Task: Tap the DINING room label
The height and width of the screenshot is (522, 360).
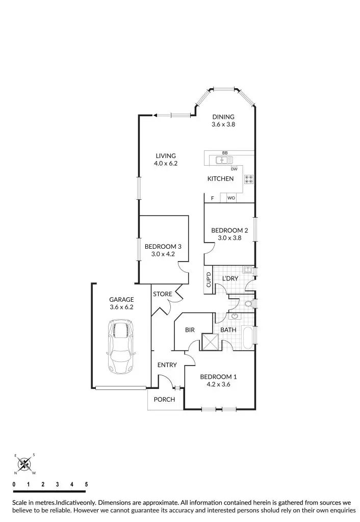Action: (x=223, y=117)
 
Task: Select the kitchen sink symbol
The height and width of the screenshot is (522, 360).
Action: (x=223, y=160)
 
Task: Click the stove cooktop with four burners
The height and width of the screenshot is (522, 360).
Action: (x=249, y=179)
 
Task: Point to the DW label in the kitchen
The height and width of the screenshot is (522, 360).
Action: (x=234, y=169)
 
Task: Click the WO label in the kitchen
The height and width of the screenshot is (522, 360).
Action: (x=231, y=198)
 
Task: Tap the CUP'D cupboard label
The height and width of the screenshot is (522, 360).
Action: (x=209, y=279)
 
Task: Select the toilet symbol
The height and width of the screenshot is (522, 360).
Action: (x=249, y=304)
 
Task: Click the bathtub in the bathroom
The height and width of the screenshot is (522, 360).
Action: (x=249, y=338)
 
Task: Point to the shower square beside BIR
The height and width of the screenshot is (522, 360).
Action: (x=210, y=342)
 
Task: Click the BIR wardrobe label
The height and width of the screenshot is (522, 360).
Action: (x=190, y=330)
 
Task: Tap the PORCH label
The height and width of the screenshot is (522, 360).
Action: (x=164, y=399)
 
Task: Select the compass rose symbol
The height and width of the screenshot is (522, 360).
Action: (x=23, y=464)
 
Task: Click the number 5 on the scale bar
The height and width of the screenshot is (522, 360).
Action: (x=86, y=484)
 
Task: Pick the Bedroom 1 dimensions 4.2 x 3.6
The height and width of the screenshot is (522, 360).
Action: (x=218, y=384)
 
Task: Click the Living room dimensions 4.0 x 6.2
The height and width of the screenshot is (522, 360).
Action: (x=166, y=164)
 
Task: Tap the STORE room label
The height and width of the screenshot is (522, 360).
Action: (x=163, y=294)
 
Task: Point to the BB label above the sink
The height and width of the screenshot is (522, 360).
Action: (x=225, y=153)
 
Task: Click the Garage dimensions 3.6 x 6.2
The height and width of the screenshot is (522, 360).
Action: (x=121, y=307)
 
